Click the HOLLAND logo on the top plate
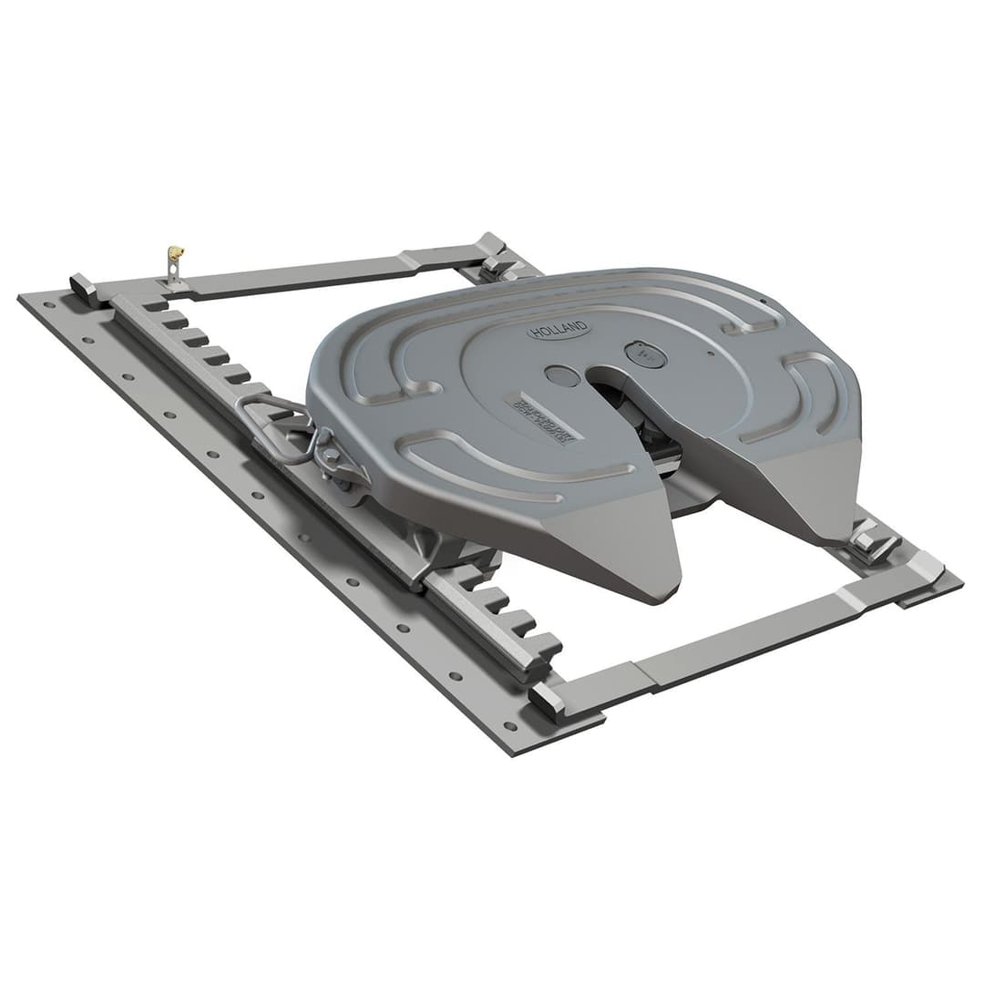pos(559,330)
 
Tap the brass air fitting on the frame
pos(175,252)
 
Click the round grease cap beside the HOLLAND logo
pos(645,354)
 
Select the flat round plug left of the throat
pos(562,374)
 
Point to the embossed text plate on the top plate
pos(543,417)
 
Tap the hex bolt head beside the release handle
pos(330,455)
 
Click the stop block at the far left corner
pos(83,288)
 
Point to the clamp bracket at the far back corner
pos(497,260)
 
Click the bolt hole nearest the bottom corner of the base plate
pos(509,726)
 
